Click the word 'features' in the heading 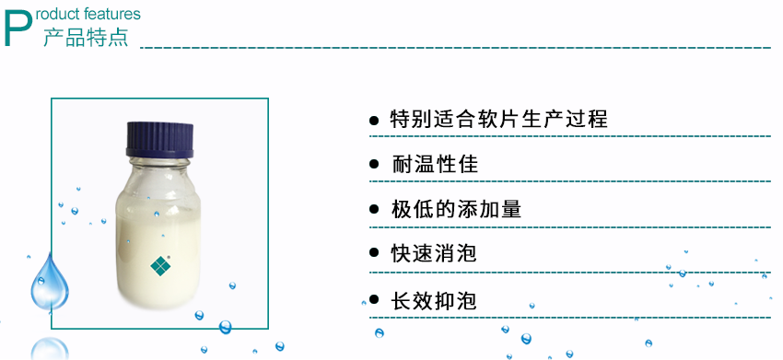(115, 15)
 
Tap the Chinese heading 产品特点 (85, 38)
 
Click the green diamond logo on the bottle (161, 265)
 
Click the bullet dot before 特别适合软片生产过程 (374, 121)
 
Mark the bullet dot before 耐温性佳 (374, 165)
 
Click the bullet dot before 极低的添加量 (374, 210)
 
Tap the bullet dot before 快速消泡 (374, 254)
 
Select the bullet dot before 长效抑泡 (374, 300)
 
